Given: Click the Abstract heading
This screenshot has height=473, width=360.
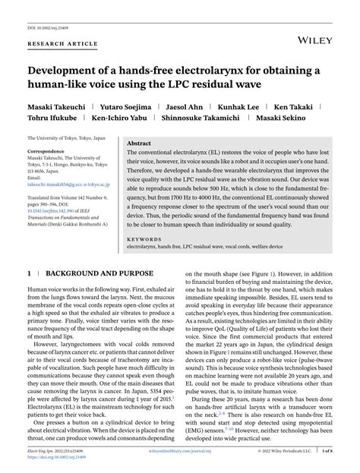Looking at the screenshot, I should pos(139,141).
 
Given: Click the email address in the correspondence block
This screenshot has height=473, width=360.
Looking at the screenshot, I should pos(70,185).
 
